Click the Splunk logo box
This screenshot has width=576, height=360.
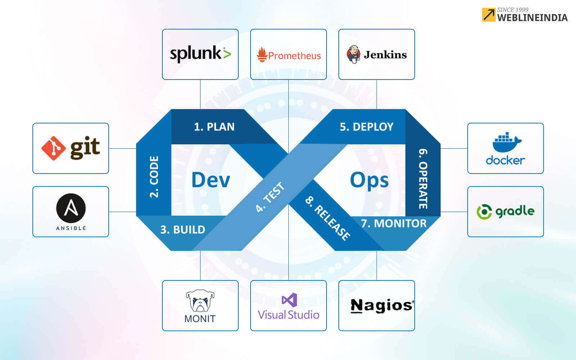pyautogui.click(x=200, y=54)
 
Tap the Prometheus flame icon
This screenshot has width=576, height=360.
pyautogui.click(x=262, y=55)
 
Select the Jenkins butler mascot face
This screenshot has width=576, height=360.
pyautogui.click(x=354, y=54)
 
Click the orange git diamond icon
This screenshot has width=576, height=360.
pyautogui.click(x=53, y=148)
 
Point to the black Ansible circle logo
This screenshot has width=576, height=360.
pyautogui.click(x=71, y=208)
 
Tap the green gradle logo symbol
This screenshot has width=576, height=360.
pyautogui.click(x=484, y=212)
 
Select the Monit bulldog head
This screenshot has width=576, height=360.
pyautogui.click(x=200, y=301)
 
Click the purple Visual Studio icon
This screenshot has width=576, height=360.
pyautogui.click(x=289, y=300)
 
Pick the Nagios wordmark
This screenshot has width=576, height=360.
pyautogui.click(x=382, y=306)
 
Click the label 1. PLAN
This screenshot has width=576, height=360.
pyautogui.click(x=214, y=127)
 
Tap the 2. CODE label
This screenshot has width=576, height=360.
pyautogui.click(x=154, y=176)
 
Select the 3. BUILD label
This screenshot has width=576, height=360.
pyautogui.click(x=183, y=230)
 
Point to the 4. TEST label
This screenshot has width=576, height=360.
pyautogui.click(x=270, y=197)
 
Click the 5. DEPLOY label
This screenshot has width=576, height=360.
pyautogui.click(x=366, y=127)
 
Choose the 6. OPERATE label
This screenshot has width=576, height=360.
pyautogui.click(x=423, y=179)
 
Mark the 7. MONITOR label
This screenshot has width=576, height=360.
pyautogui.click(x=394, y=224)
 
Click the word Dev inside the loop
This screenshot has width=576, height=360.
pyautogui.click(x=211, y=180)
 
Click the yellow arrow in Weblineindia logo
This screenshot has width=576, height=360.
pyautogui.click(x=489, y=15)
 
